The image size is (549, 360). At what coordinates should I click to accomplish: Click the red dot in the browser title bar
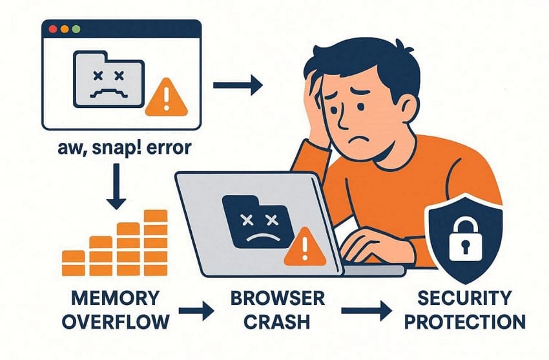(x=53, y=29)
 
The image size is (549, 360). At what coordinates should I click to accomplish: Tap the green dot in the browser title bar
(x=76, y=29)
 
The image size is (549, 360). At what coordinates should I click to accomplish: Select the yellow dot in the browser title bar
(x=65, y=29)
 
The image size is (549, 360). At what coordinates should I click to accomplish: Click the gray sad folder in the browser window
(x=109, y=79)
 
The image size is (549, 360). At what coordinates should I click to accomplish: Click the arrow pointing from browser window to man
(x=238, y=85)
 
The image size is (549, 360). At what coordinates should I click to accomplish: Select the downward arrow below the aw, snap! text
(x=116, y=187)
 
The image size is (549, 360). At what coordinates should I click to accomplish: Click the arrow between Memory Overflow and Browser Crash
(x=196, y=311)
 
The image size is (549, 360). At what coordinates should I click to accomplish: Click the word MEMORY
(x=115, y=299)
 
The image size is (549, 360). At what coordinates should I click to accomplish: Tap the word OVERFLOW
(x=116, y=321)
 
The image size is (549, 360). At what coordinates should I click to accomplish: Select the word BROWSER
(x=278, y=299)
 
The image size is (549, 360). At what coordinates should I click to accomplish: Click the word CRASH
(x=277, y=321)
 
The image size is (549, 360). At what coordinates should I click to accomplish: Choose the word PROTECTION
(x=465, y=321)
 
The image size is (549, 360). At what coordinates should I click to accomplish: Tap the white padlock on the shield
(x=465, y=238)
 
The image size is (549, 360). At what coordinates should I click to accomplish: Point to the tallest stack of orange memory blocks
(x=156, y=242)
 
